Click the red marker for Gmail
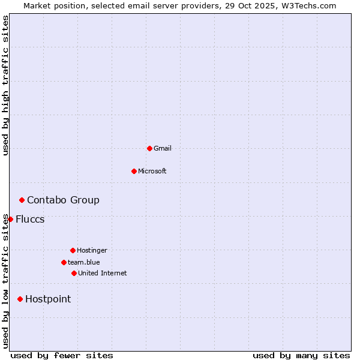point(149,148)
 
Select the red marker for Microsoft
point(134,171)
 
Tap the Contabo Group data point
point(22,200)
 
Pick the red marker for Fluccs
point(10,219)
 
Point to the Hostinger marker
point(73,250)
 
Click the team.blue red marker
point(64,262)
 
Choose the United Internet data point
point(74,273)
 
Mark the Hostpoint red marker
point(20,299)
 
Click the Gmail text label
point(163,148)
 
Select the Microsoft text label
point(152,171)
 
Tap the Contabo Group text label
point(63,200)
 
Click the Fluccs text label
point(30,219)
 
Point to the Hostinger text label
point(92,250)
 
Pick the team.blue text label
point(84,262)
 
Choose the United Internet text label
point(103,273)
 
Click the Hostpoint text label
point(48,299)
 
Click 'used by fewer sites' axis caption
point(62,355)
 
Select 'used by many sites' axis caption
point(301,355)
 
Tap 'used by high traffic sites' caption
point(5,85)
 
